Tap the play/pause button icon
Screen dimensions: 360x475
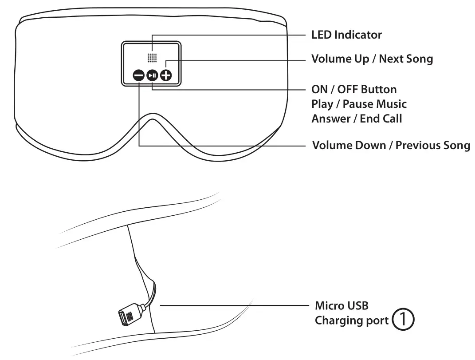point(152,76)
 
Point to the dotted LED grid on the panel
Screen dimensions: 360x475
point(153,58)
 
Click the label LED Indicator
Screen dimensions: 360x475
point(346,35)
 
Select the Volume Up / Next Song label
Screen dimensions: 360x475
point(372,59)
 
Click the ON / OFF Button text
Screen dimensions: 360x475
point(354,89)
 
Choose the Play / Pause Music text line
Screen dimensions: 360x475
point(359,104)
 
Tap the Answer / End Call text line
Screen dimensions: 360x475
point(357,119)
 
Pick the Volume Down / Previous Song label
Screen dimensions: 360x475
point(391,146)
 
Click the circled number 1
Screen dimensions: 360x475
point(404,320)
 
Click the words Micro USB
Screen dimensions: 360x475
point(342,305)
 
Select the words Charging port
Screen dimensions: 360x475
point(352,320)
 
